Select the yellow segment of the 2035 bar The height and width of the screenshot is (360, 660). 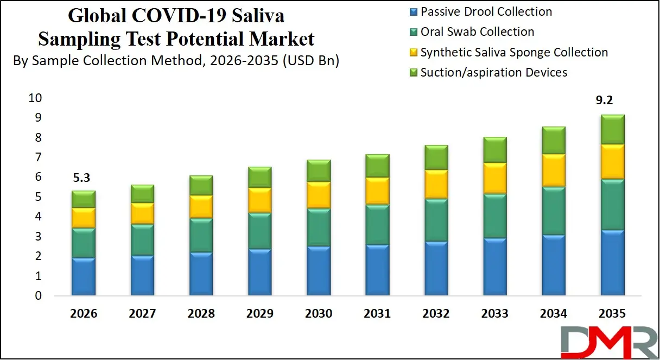(x=612, y=161)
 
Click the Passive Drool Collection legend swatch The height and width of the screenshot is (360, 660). (x=413, y=12)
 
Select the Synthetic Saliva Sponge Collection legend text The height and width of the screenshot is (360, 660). (x=513, y=52)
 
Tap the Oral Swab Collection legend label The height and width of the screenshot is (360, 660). (x=477, y=32)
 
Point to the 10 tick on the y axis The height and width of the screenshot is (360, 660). (x=34, y=98)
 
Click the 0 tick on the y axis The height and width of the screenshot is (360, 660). (x=37, y=296)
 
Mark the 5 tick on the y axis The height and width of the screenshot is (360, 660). (x=37, y=197)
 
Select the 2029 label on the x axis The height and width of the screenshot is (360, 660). (x=259, y=314)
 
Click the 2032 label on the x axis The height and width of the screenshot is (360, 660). (x=436, y=314)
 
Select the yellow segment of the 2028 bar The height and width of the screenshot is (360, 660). (x=201, y=206)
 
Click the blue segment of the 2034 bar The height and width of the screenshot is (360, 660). (x=553, y=265)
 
